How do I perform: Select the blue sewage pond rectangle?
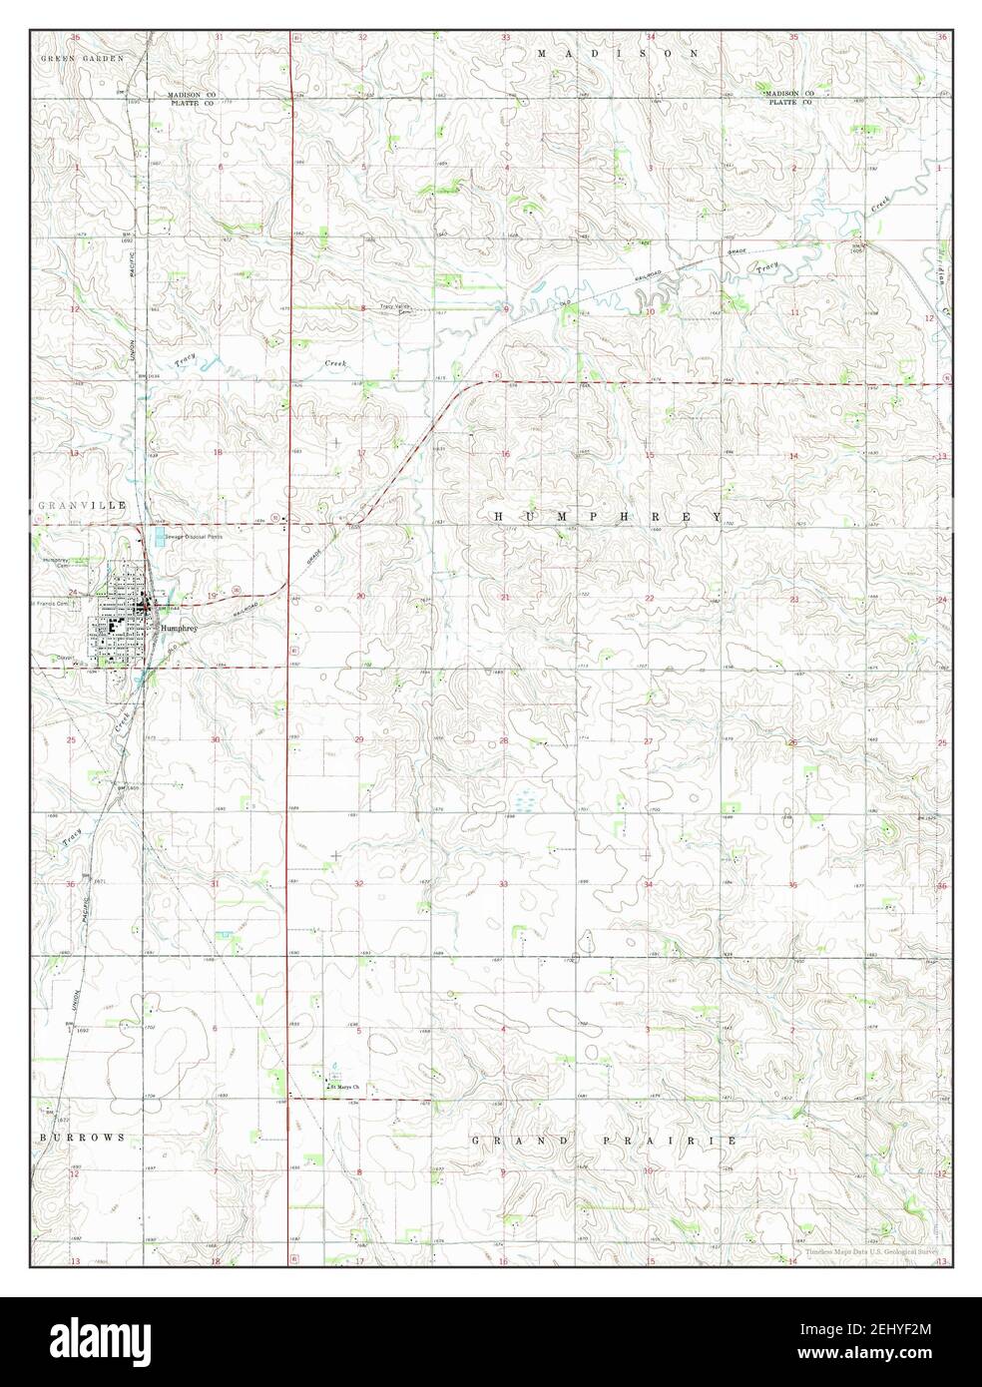coord(161,539)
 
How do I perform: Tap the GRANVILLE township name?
coord(71,507)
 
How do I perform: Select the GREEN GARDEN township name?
coord(82,59)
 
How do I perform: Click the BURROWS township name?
coord(83,1137)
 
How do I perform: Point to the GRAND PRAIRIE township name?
coord(603,1139)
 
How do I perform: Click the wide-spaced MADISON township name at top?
coord(616,51)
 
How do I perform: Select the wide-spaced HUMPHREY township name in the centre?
coord(609,515)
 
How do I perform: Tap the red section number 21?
coord(506,598)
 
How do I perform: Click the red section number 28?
coord(504,741)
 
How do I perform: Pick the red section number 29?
coord(360,741)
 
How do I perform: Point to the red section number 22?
coord(649,598)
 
